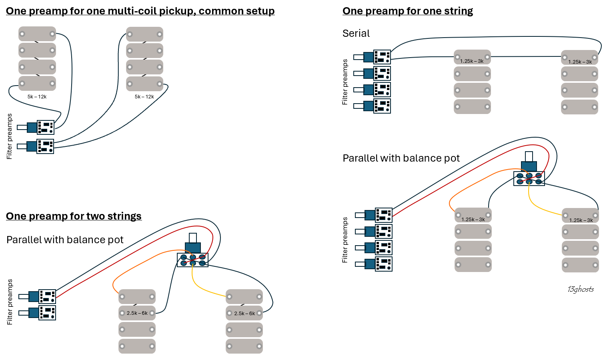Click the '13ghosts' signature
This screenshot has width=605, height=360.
[581, 289]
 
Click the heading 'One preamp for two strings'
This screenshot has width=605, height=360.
[74, 216]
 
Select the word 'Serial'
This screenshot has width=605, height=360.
[356, 33]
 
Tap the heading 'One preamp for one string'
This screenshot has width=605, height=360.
[408, 11]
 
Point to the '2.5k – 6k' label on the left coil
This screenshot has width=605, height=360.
[137, 313]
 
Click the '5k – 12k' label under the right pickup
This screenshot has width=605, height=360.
[144, 97]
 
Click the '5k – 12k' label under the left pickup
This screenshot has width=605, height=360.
[37, 97]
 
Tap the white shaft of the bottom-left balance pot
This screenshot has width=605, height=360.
[193, 238]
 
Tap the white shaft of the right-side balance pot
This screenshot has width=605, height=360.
[529, 156]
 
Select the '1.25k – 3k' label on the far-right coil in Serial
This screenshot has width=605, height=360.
[580, 62]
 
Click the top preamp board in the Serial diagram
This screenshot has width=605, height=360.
[382, 57]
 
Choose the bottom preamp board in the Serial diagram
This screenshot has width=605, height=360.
[382, 106]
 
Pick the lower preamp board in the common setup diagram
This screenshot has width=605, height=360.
[45, 146]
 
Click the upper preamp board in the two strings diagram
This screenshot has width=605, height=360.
[47, 296]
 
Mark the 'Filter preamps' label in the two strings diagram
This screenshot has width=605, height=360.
[10, 302]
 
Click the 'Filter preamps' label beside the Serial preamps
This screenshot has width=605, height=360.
[345, 82]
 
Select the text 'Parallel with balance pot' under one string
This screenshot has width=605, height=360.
[401, 158]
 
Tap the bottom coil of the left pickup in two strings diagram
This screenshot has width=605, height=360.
[137, 346]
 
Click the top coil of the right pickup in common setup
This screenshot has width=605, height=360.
[144, 34]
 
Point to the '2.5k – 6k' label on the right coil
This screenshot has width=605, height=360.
[244, 313]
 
